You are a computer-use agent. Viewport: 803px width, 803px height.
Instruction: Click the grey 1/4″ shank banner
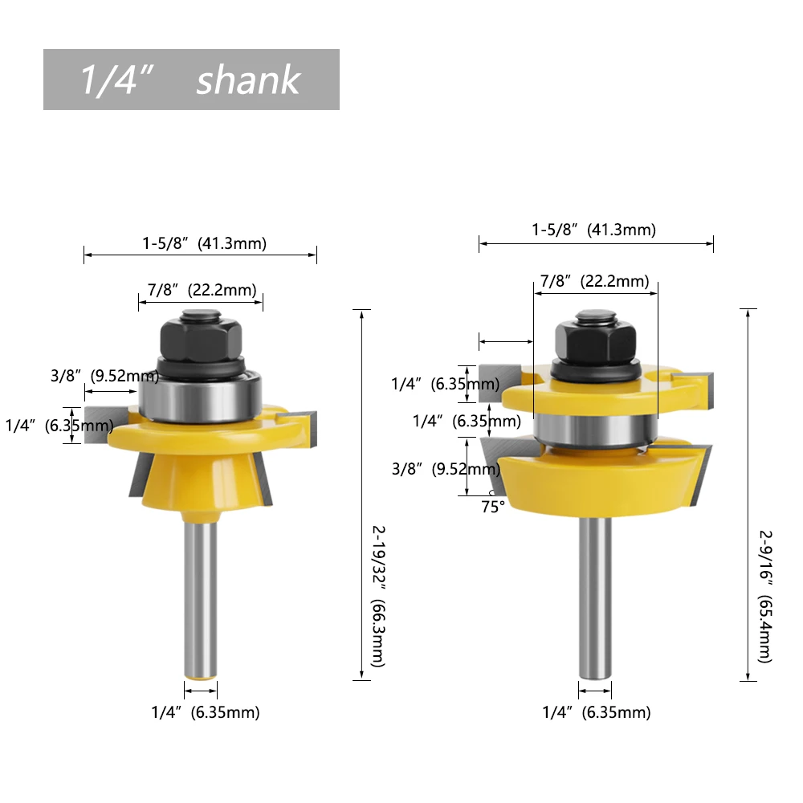click(191, 79)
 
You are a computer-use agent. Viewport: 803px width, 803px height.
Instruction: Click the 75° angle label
click(492, 507)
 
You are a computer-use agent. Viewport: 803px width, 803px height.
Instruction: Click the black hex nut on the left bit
click(201, 337)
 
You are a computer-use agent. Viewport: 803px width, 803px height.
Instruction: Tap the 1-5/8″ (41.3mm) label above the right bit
click(593, 230)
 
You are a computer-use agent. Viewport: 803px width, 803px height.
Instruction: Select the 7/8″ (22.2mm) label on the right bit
click(594, 281)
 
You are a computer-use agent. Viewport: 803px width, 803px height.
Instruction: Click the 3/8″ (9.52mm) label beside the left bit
click(104, 376)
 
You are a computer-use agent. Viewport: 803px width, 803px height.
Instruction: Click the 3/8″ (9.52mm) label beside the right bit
click(444, 469)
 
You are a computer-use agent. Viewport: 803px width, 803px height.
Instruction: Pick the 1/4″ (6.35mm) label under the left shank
click(206, 711)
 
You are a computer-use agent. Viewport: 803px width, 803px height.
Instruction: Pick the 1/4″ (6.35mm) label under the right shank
click(597, 712)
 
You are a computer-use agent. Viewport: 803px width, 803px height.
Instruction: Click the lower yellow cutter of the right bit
click(595, 482)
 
